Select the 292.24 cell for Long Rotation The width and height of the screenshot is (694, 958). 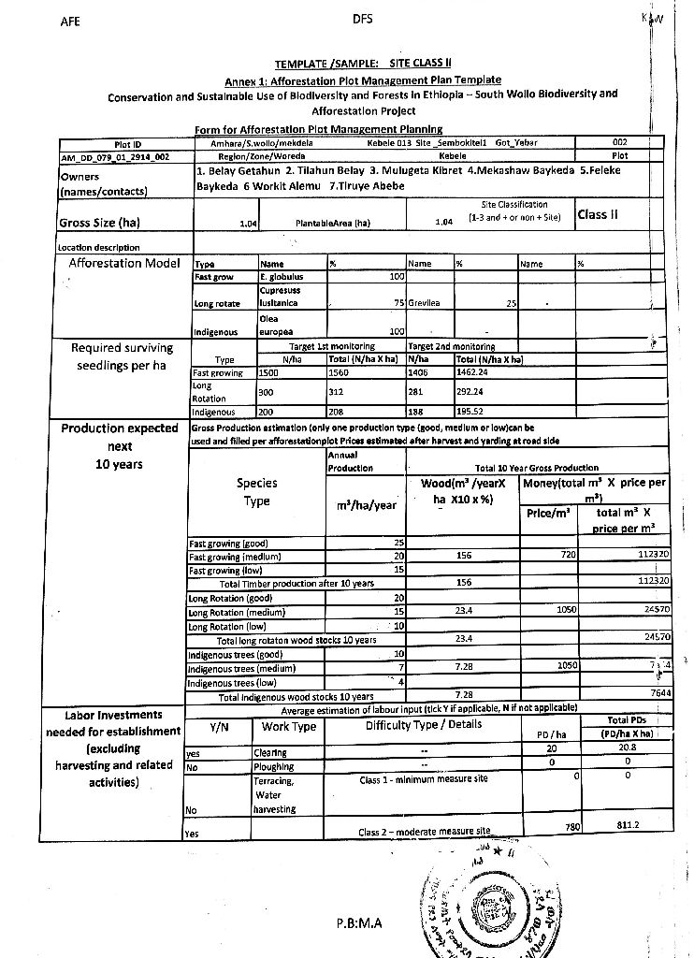tap(472, 392)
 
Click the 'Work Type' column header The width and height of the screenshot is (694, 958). tap(289, 726)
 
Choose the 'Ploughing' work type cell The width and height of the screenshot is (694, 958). tap(272, 765)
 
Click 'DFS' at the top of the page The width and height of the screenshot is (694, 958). tap(364, 19)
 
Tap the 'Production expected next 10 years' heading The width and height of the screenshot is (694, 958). tap(119, 446)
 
